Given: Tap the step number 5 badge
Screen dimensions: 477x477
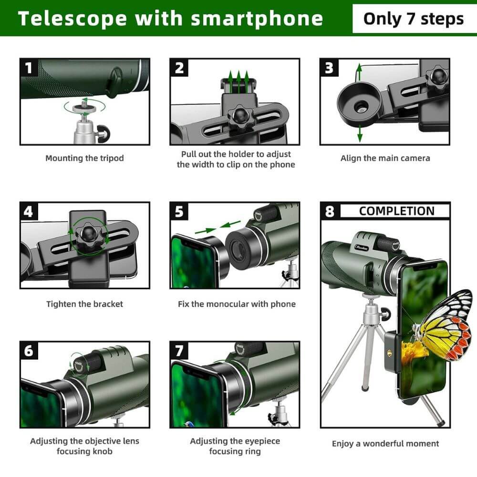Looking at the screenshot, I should pyautogui.click(x=179, y=211).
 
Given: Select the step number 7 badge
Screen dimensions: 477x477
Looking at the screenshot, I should pyautogui.click(x=179, y=351).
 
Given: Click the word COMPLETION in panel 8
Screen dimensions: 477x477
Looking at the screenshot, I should pyautogui.click(x=396, y=211).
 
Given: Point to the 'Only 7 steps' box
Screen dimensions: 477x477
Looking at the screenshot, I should pyautogui.click(x=413, y=19).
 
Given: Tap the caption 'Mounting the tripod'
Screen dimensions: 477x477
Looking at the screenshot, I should pyautogui.click(x=84, y=158).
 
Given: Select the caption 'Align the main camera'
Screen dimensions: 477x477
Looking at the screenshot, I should pyautogui.click(x=385, y=158).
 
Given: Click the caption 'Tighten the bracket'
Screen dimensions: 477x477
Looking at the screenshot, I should pyautogui.click(x=84, y=304).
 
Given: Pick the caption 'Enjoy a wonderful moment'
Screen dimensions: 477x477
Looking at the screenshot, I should pyautogui.click(x=385, y=444).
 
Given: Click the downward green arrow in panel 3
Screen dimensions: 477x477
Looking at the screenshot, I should pyautogui.click(x=359, y=135).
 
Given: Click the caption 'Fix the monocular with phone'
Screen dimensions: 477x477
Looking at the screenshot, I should pyautogui.click(x=237, y=304).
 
